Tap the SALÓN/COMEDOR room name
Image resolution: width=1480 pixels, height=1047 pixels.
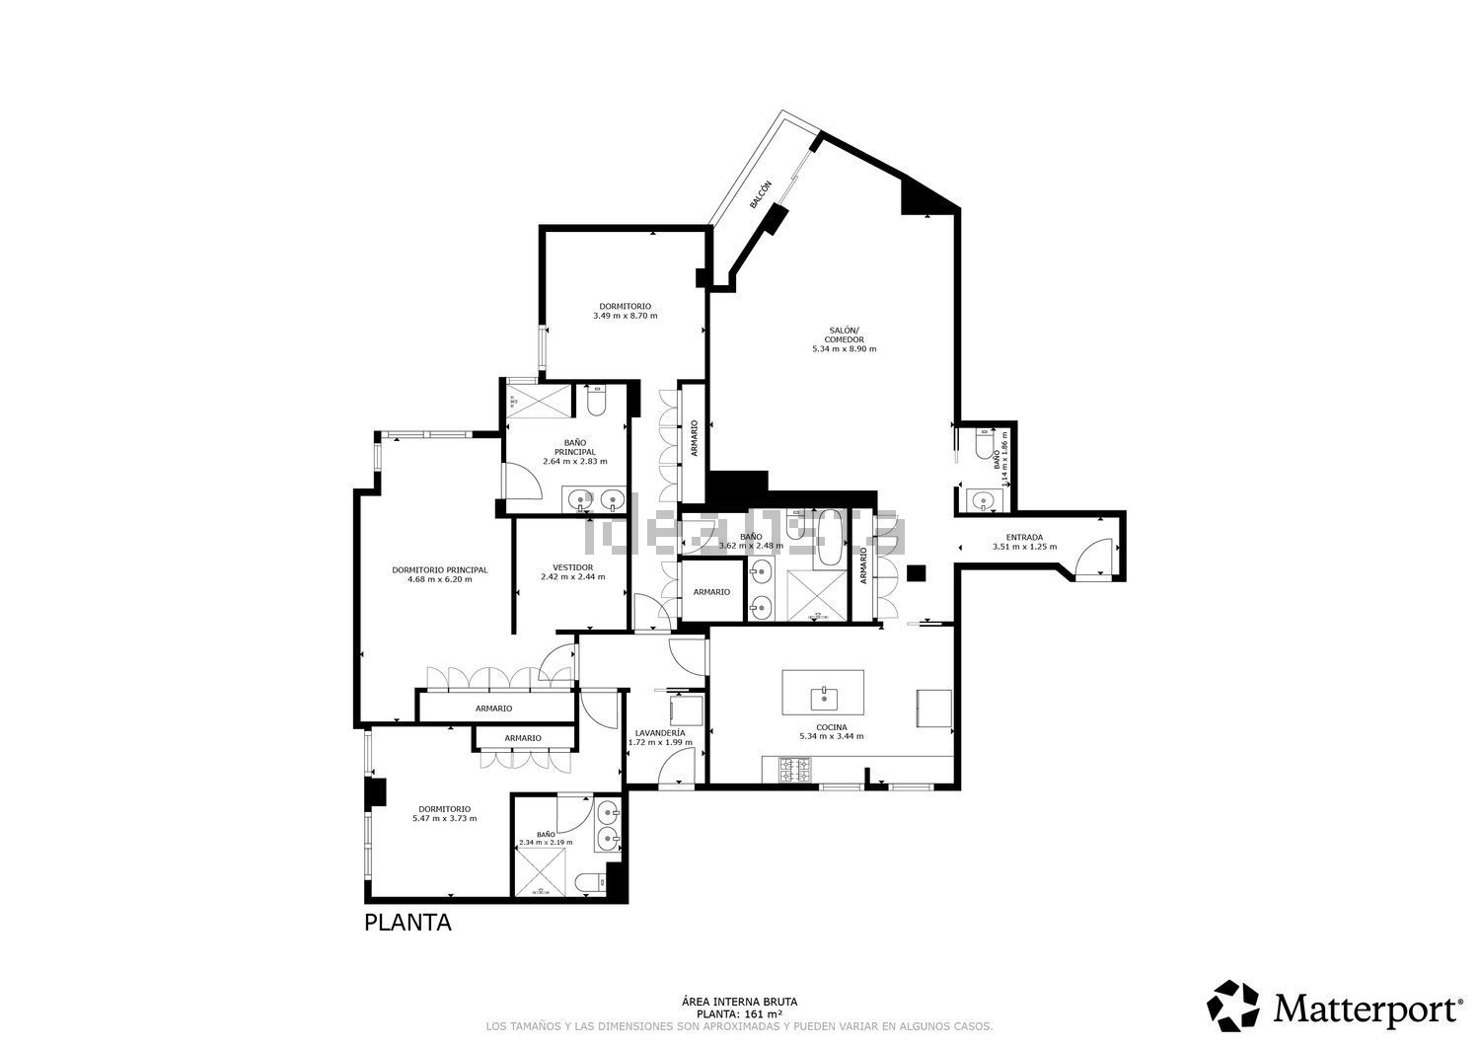[844, 335]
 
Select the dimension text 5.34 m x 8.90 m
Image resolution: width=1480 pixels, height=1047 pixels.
[844, 349]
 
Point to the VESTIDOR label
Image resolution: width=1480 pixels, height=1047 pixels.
[572, 567]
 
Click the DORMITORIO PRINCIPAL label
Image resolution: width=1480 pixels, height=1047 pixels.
[439, 569]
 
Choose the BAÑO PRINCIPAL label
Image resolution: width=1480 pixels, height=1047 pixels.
[574, 447]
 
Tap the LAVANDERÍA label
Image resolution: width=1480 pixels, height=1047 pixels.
[660, 733]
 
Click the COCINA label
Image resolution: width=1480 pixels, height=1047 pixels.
[832, 727]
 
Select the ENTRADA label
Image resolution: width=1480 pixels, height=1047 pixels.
[1024, 538]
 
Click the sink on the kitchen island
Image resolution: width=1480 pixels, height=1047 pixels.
[823, 699]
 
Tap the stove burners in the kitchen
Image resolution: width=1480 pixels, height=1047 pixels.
[794, 769]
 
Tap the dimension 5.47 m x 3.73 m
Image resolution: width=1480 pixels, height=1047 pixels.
[444, 818]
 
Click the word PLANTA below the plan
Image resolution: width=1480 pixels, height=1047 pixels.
[407, 923]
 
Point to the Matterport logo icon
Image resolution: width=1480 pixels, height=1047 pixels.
[1233, 1006]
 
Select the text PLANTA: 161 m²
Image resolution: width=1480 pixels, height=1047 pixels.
[739, 1013]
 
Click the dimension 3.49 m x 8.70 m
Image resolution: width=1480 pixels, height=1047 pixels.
[625, 316]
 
